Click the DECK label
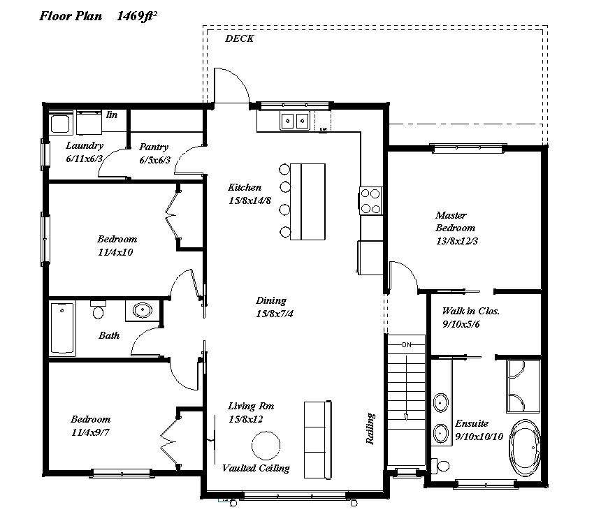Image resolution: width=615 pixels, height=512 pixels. tap(239, 38)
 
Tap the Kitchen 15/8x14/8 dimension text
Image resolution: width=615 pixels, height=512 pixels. tap(250, 200)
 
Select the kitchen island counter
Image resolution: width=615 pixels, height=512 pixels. tap(307, 201)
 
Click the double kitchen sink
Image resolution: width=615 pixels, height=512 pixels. tap(294, 121)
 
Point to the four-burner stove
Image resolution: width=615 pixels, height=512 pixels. tap(370, 200)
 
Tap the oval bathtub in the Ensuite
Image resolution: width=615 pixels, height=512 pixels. tap(525, 448)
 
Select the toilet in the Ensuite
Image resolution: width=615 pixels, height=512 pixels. tap(440, 466)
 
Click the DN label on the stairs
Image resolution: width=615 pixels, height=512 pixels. tap(407, 344)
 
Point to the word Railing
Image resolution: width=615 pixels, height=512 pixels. tap(370, 428)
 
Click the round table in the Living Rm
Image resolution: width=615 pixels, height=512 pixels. tap(266, 446)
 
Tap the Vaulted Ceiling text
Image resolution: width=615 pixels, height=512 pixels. tap(256, 468)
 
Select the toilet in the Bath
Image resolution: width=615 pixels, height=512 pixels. tap(98, 309)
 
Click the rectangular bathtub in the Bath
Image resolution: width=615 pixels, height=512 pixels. tap(62, 328)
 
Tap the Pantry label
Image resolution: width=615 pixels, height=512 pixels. tap(154, 147)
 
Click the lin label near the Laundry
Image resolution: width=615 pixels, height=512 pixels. tap(112, 115)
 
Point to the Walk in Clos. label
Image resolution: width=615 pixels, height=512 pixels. tap(470, 312)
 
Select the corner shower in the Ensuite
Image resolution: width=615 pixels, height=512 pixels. tap(523, 386)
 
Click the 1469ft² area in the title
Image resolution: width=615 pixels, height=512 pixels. tap(137, 17)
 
